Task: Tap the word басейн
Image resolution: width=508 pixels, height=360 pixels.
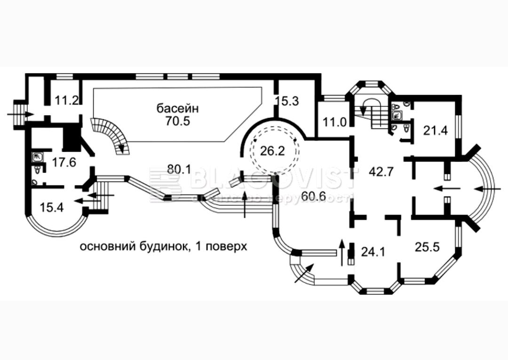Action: pyautogui.click(x=178, y=108)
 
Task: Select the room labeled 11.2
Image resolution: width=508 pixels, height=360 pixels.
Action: pyautogui.click(x=66, y=100)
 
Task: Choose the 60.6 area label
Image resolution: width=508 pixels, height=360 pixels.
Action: pyautogui.click(x=314, y=196)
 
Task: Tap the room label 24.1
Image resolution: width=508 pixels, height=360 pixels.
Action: pyautogui.click(x=373, y=252)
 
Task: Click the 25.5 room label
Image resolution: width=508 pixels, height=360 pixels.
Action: pyautogui.click(x=427, y=246)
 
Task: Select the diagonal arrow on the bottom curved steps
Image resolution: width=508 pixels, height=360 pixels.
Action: pyautogui.click(x=303, y=274)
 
